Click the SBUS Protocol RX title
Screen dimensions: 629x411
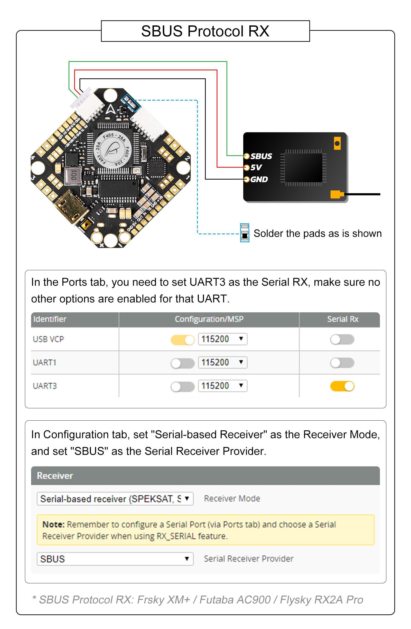(205, 31)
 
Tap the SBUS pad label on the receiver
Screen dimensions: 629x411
(261, 156)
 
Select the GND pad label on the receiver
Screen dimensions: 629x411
(259, 179)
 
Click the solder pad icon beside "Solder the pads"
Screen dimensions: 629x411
(245, 233)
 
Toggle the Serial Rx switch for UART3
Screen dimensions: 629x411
(342, 386)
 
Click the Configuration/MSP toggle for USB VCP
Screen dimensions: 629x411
(182, 340)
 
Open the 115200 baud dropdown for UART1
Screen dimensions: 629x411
(222, 362)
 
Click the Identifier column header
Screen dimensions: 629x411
(50, 319)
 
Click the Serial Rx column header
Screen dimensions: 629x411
(342, 319)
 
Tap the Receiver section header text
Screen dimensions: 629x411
(55, 476)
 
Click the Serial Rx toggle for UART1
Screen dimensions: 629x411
(342, 363)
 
